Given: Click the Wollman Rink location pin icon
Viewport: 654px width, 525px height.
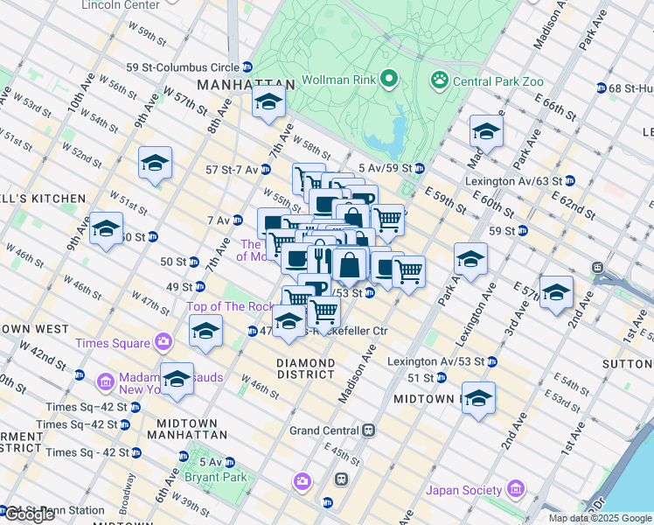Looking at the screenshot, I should pos(389,80).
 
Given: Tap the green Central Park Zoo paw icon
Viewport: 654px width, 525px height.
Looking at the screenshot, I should pos(439,80).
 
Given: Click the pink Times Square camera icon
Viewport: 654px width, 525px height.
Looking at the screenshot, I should pos(163,341).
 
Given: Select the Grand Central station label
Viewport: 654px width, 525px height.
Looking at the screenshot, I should pos(324,430).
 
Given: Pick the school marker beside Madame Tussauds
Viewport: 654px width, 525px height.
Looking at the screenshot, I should pos(177,379).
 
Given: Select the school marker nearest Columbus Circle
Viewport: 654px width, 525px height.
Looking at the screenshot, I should pos(268,101).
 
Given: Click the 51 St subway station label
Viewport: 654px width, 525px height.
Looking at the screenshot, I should pos(422,378).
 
